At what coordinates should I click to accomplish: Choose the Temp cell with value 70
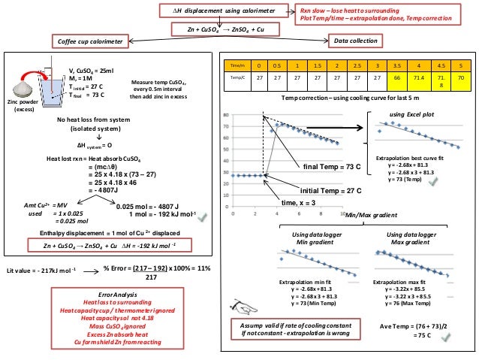tap(460, 77)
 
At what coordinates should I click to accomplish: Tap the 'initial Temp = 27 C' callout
tap(340, 190)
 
